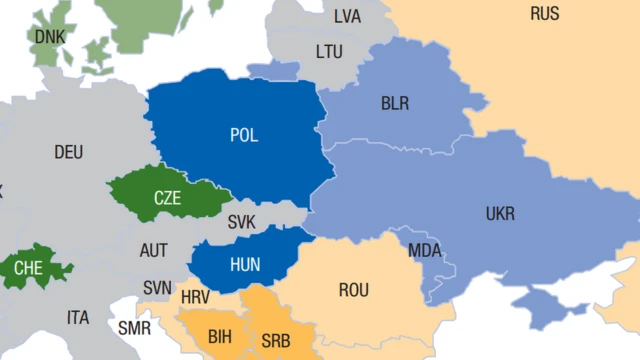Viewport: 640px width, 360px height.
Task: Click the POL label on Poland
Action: coord(243,135)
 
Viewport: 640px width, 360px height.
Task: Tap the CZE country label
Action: coord(167,197)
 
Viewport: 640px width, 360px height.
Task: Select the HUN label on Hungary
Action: coord(245,264)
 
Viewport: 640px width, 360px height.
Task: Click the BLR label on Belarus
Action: coord(395,103)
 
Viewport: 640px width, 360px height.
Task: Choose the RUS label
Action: coord(545,13)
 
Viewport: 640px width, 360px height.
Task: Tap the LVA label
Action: coord(347,16)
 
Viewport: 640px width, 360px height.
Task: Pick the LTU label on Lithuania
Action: coord(329,50)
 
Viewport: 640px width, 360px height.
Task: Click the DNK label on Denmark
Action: coord(49,36)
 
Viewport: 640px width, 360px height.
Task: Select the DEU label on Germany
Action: coord(69,152)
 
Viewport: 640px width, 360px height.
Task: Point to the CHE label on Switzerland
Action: coord(28,267)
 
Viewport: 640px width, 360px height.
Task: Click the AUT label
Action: coord(154,250)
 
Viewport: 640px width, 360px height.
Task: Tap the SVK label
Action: coord(242,222)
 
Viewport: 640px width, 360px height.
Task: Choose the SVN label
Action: coord(157,287)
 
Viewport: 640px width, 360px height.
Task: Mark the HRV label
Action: coord(196,297)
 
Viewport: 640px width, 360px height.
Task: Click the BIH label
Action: coord(220,336)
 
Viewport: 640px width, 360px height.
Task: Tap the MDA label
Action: coord(424,250)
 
